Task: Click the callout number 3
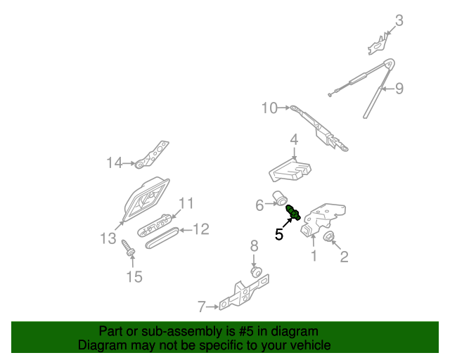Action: click(x=399, y=20)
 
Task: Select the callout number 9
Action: click(x=399, y=89)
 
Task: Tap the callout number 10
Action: click(x=270, y=108)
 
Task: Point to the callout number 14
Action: click(x=115, y=163)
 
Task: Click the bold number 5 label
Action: click(x=279, y=234)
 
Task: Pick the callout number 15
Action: click(x=134, y=276)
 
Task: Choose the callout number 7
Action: click(x=202, y=307)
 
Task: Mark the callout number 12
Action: click(x=201, y=229)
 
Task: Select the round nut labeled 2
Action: click(x=328, y=237)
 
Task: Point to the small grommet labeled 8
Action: click(x=256, y=271)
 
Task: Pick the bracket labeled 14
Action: click(x=153, y=156)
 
